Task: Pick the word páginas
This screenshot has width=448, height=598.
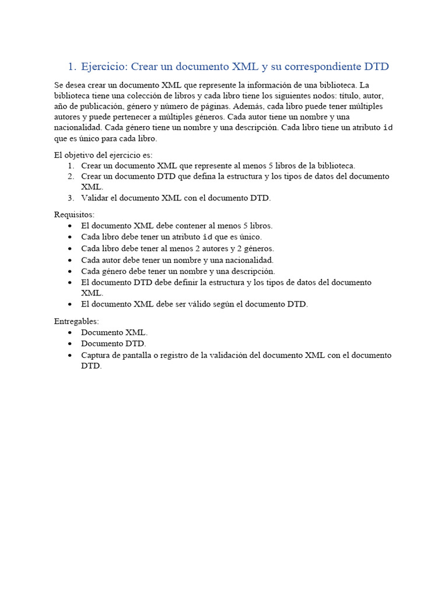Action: [214, 106]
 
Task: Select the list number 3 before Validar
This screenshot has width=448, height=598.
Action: [71, 198]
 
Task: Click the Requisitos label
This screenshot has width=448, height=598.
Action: [74, 214]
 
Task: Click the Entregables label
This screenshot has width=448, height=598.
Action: [76, 321]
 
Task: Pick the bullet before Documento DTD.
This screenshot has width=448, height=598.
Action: [71, 344]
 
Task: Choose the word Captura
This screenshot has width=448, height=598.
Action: [96, 355]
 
